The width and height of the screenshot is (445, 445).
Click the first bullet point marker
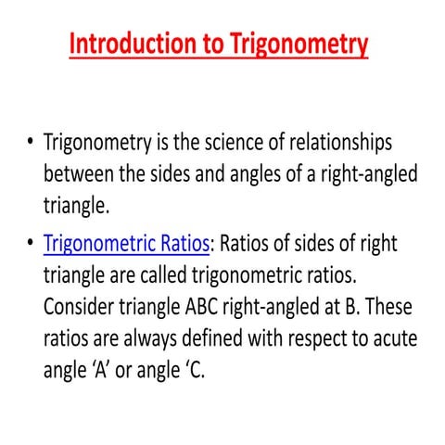tap(31, 145)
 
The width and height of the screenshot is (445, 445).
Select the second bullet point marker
tap(31, 246)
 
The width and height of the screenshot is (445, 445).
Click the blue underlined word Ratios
tap(185, 246)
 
